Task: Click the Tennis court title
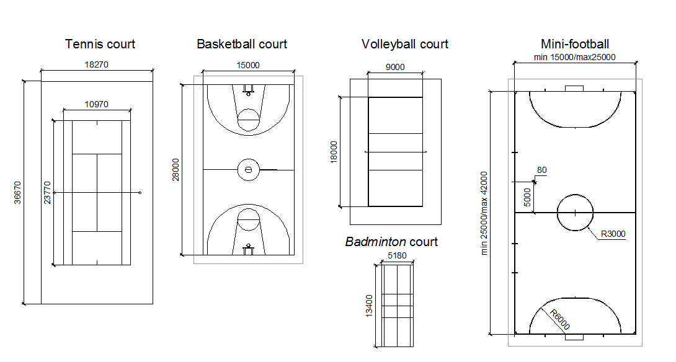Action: coord(100,44)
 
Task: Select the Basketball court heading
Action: coord(242,44)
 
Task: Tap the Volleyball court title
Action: coord(404,44)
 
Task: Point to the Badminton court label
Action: coord(391,242)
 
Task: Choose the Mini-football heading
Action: coord(575,44)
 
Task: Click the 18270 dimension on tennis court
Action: coord(96,64)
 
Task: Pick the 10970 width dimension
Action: coord(96,104)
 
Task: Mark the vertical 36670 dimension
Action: coord(18,192)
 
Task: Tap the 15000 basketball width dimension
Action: coord(248,64)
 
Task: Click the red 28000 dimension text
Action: coord(176,169)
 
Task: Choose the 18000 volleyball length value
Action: coord(334,151)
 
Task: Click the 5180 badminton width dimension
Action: coord(396,255)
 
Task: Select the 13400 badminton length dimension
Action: coord(370,306)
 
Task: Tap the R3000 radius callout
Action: coord(613,234)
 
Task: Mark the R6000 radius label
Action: coord(560,319)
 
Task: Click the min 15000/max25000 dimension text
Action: coord(574,57)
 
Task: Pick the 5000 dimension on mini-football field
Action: coord(528,198)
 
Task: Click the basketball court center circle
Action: coord(248,169)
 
